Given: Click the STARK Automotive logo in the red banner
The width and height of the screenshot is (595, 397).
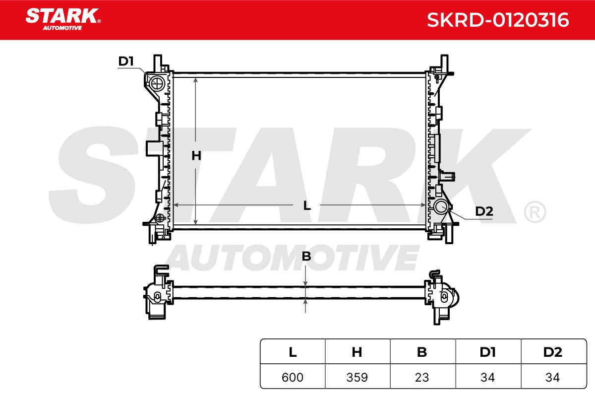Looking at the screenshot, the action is [x=63, y=19].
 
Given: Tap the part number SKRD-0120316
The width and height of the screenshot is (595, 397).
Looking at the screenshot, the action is [x=498, y=20].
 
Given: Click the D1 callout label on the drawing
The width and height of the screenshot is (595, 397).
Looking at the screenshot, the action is [x=125, y=61].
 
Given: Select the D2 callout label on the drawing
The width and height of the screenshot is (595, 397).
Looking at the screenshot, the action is [x=484, y=211].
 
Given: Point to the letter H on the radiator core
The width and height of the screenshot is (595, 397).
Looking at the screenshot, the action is [x=196, y=155].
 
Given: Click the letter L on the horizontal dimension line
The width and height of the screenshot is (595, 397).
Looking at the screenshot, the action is [x=307, y=205].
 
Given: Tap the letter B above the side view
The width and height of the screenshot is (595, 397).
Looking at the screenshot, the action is [x=306, y=257].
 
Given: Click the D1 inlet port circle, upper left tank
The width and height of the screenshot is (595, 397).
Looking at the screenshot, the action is [x=157, y=83].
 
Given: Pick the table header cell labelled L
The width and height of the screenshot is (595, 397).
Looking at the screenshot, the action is [x=293, y=352].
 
